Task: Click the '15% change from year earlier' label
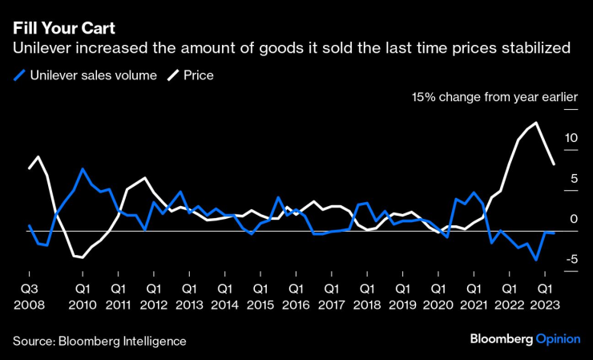[494, 97]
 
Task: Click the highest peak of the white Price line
[535, 123]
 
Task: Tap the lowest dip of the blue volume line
[535, 260]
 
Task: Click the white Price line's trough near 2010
[82, 257]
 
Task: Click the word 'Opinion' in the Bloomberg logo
[558, 340]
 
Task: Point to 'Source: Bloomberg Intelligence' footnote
[99, 341]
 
